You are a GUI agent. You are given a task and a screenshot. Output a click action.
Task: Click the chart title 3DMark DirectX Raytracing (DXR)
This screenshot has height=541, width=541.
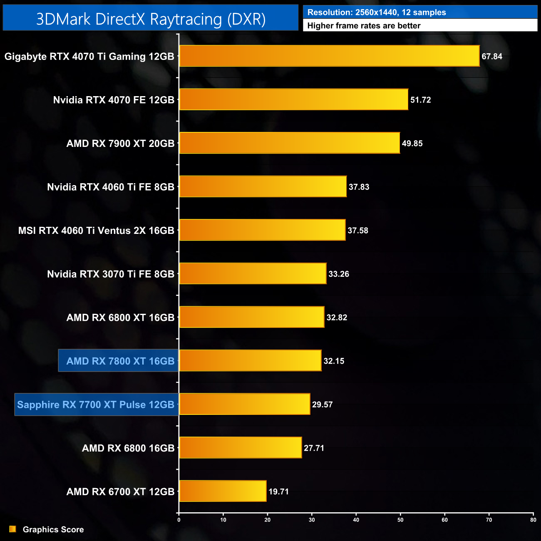pos(151,19)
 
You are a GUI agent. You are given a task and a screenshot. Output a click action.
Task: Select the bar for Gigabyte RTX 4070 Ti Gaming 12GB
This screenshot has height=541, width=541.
pos(329,56)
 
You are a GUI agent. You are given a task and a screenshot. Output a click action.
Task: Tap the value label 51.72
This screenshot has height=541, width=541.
pos(420,100)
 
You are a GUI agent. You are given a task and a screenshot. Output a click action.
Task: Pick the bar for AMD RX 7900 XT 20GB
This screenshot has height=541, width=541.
pos(289,143)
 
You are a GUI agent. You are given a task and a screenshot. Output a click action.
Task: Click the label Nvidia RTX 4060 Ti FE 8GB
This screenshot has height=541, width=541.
pos(110,187)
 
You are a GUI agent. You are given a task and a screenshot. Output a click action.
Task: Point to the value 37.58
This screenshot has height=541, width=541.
pos(358,231)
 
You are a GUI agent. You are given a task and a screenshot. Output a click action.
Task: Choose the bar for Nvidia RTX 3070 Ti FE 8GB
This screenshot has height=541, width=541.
pos(253,274)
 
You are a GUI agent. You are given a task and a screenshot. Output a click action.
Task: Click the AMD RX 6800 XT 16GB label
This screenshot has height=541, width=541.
pos(120,318)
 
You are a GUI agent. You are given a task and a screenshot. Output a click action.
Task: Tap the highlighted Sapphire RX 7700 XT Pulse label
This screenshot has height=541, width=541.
pos(96,405)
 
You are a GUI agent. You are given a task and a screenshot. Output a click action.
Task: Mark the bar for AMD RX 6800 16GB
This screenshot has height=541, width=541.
pos(240,448)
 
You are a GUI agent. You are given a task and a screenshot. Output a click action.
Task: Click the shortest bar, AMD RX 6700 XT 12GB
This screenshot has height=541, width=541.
pos(223,491)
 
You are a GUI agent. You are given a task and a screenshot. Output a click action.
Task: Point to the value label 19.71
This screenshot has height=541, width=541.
pos(278,491)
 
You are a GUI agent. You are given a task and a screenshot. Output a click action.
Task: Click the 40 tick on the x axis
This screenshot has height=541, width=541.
pos(356,520)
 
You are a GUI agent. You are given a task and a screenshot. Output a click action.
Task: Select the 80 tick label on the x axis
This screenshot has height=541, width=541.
pos(533,520)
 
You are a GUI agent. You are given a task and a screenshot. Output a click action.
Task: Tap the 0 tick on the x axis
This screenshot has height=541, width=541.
pos(179,520)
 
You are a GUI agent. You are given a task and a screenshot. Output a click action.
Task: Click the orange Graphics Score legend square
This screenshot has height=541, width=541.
pos(13,529)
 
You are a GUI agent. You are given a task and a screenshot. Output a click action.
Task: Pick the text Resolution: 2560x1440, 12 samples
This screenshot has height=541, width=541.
pos(376,12)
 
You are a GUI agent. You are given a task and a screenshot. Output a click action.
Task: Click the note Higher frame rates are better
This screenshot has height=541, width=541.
pos(364,26)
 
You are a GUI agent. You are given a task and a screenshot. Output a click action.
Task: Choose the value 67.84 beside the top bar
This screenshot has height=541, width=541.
pos(491,57)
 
